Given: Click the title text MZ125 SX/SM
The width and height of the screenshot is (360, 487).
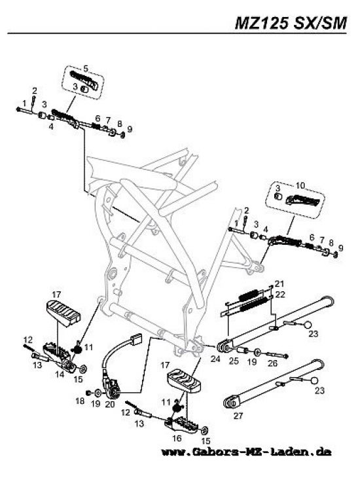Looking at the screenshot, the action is pyautogui.click(x=291, y=23).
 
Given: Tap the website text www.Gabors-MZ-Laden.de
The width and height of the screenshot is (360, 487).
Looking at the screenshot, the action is pyautogui.click(x=246, y=452).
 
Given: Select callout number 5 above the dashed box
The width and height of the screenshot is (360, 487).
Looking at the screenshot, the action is pyautogui.click(x=86, y=68).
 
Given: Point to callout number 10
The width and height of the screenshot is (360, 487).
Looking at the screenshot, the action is pyautogui.click(x=300, y=185).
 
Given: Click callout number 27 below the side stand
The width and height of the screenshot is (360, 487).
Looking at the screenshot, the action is pyautogui.click(x=238, y=415).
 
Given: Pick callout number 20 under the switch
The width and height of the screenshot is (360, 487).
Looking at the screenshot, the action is pyautogui.click(x=110, y=404).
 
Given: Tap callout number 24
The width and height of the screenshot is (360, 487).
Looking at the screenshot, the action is pyautogui.click(x=215, y=359).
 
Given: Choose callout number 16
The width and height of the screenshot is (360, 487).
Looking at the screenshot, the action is pyautogui.click(x=177, y=438).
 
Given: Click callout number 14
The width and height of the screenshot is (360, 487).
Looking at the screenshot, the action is pyautogui.click(x=60, y=374).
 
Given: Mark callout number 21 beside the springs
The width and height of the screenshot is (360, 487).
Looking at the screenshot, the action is pyautogui.click(x=279, y=283).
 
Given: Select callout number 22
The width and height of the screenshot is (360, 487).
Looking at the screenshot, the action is pyautogui.click(x=280, y=294).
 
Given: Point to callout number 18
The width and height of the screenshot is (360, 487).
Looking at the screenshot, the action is pyautogui.click(x=80, y=401).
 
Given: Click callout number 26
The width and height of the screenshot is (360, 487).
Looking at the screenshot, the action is pyautogui.click(x=272, y=363).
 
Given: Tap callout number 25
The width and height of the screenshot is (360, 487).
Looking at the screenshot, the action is pyautogui.click(x=234, y=361).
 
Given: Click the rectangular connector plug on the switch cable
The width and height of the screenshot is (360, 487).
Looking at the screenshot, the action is pyautogui.click(x=135, y=339).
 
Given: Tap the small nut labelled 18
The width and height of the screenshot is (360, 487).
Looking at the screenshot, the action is pyautogui.click(x=88, y=393).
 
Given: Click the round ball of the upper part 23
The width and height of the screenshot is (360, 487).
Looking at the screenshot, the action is pyautogui.click(x=307, y=325).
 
